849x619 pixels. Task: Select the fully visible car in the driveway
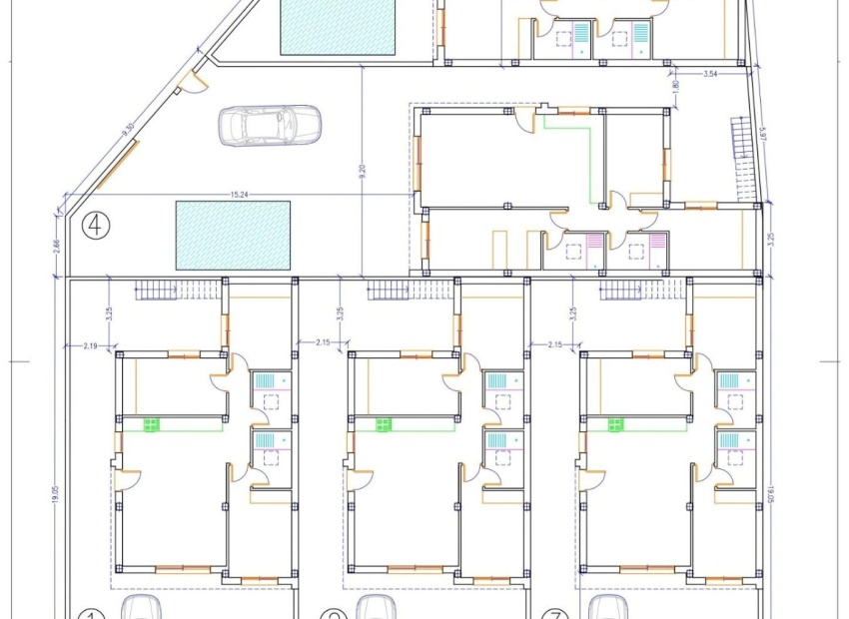click(x=270, y=126)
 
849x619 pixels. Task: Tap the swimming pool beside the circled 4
click(x=233, y=235)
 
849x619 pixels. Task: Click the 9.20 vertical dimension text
click(x=364, y=171)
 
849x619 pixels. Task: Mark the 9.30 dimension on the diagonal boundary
click(x=128, y=130)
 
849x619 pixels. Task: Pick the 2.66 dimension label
click(x=54, y=246)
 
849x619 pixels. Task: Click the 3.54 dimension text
click(x=710, y=74)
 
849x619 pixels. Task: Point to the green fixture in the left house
click(x=152, y=424)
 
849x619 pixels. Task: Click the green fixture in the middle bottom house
click(x=384, y=424)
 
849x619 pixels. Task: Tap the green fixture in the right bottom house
click(x=615, y=424)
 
